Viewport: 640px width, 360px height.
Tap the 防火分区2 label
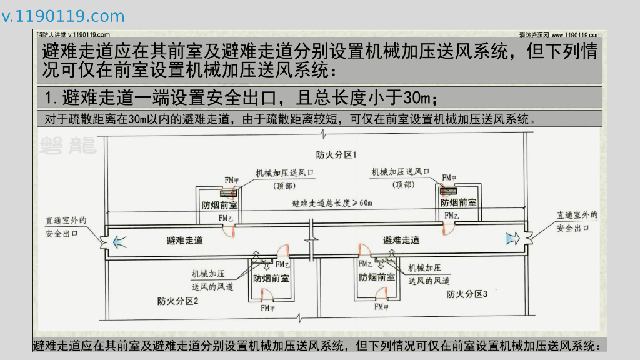(177, 301)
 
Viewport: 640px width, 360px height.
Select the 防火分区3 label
(466, 293)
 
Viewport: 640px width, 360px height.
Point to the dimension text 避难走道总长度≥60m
(332, 203)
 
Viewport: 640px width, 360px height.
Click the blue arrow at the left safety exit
(118, 239)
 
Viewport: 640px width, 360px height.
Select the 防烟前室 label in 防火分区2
(271, 279)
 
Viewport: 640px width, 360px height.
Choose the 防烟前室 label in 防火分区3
(377, 277)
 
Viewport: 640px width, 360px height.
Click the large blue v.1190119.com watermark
(63, 16)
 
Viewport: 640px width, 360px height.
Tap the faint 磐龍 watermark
(67, 145)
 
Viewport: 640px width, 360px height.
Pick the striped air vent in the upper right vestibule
(449, 191)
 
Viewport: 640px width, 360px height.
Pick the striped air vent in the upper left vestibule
(229, 193)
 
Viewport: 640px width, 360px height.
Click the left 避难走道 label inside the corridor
(185, 240)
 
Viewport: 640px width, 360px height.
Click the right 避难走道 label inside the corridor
(401, 240)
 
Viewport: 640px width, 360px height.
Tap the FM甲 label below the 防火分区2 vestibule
(269, 307)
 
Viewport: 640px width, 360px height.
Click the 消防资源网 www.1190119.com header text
(560, 35)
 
